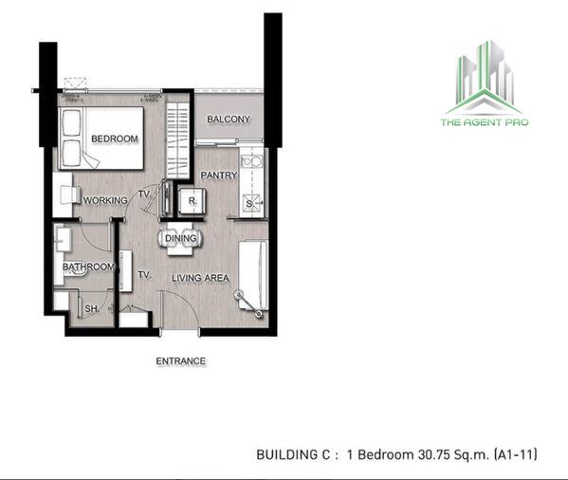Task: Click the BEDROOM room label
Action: point(115,138)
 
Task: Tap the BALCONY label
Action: point(229,120)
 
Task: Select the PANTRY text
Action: point(219,175)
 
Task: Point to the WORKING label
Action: point(105,200)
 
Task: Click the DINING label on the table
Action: point(181,238)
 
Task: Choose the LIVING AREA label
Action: point(200,278)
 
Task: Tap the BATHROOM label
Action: point(88,267)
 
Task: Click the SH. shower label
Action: point(91,308)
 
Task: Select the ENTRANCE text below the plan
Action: point(181,361)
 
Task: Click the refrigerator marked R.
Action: point(192,201)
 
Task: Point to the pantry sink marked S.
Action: point(252,204)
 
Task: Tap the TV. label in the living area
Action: point(144,275)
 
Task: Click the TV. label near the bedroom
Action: point(144,194)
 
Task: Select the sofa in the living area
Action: point(253,275)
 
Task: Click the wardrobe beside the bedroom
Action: point(177,139)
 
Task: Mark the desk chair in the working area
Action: point(69,194)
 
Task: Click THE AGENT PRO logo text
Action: point(485,122)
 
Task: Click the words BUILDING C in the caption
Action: point(293,454)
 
